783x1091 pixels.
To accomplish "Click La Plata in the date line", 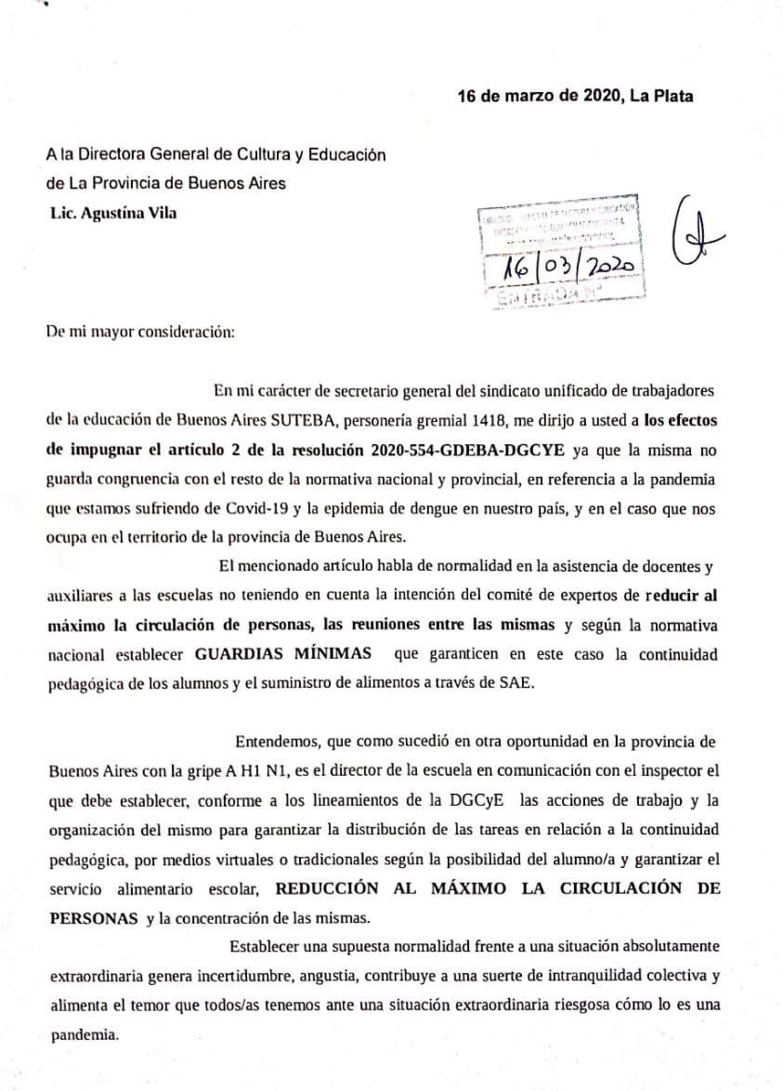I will pyautogui.click(x=660, y=96).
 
